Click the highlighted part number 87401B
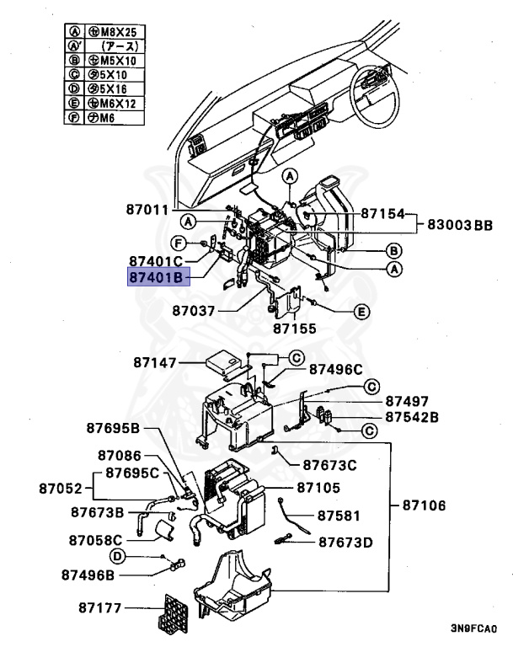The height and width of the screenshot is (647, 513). pos(156,275)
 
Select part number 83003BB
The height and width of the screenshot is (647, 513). pos(460,225)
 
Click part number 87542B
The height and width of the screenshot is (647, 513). pos(413,417)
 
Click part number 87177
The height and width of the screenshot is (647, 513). pos(99,607)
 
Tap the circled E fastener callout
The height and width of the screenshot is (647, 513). pos(361,312)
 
